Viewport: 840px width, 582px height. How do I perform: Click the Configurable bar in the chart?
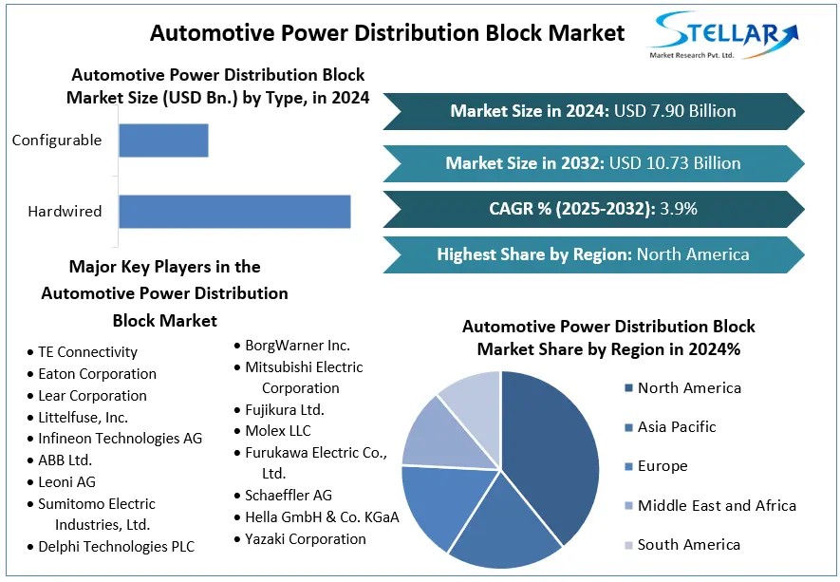163,141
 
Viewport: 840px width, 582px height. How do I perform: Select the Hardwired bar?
234,211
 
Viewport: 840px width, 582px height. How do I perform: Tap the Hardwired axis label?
65,211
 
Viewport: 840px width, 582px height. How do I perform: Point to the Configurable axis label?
57,141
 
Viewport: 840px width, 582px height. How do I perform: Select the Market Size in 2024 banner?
593,111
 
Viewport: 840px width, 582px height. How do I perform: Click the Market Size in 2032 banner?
593,163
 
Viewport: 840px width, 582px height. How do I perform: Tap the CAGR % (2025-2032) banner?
593,209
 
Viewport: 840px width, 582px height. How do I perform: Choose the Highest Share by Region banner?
593,254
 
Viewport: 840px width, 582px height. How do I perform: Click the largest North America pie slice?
555,446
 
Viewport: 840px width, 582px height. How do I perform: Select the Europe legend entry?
662,466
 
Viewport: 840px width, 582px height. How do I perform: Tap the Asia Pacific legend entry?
676,427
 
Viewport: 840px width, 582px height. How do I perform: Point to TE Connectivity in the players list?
87,352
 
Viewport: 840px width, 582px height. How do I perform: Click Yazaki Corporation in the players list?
305,539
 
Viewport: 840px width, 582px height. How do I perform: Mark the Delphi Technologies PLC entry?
116,547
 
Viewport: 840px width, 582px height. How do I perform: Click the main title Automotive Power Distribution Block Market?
387,33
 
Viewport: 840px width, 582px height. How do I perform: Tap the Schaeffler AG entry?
289,496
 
